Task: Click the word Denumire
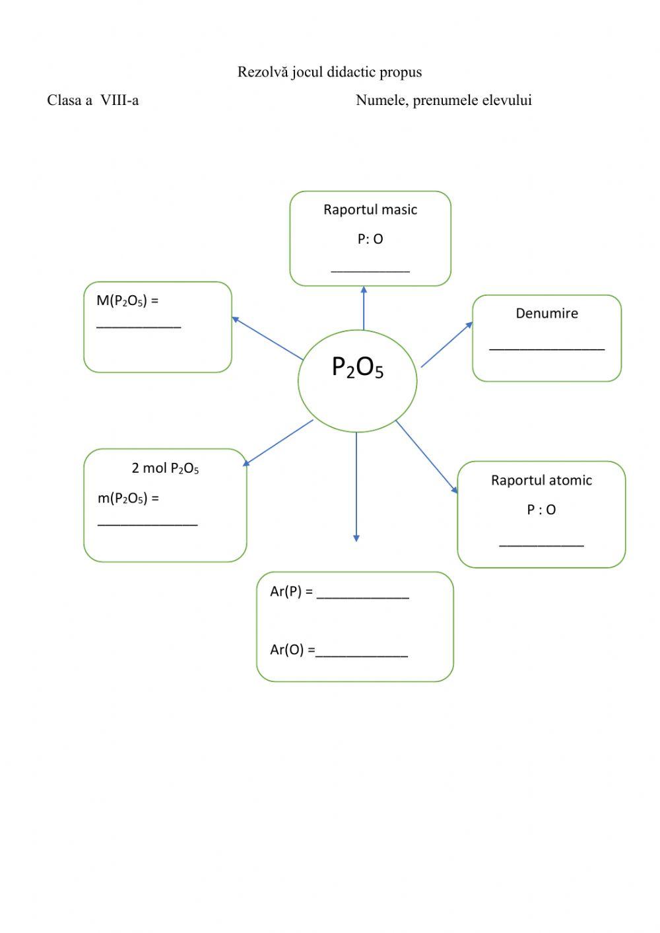click(546, 314)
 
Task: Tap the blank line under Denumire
click(546, 348)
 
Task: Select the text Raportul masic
click(370, 210)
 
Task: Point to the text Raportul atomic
click(541, 481)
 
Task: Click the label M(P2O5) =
click(127, 301)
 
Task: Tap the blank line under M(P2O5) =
click(139, 326)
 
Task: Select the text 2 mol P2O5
click(165, 469)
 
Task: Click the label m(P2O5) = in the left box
click(128, 499)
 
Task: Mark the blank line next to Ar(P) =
click(362, 597)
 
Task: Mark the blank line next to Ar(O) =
click(362, 655)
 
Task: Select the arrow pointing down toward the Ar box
click(356, 489)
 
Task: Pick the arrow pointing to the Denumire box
click(447, 344)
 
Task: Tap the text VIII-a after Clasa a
click(119, 100)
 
